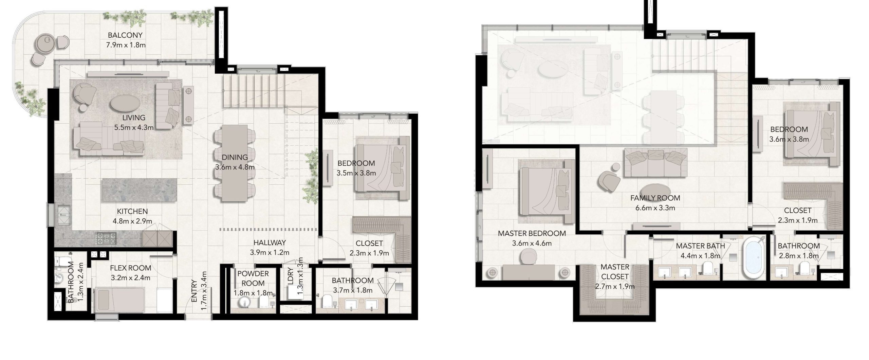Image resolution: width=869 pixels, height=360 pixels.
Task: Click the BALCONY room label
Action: pyautogui.click(x=125, y=35)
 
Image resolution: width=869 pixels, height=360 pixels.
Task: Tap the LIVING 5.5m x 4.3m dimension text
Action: pyautogui.click(x=134, y=128)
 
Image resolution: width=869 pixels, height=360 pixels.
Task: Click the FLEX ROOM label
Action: pyautogui.click(x=130, y=268)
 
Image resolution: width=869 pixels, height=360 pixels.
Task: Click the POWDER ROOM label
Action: pyautogui.click(x=253, y=278)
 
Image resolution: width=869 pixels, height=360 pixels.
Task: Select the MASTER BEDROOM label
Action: pyautogui.click(x=532, y=234)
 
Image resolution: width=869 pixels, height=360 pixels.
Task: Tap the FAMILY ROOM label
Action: pyautogui.click(x=655, y=198)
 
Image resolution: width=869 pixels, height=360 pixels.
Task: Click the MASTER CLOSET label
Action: pyautogui.click(x=615, y=272)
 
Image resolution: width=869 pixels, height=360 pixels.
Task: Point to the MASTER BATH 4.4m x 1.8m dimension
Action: pyautogui.click(x=701, y=256)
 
